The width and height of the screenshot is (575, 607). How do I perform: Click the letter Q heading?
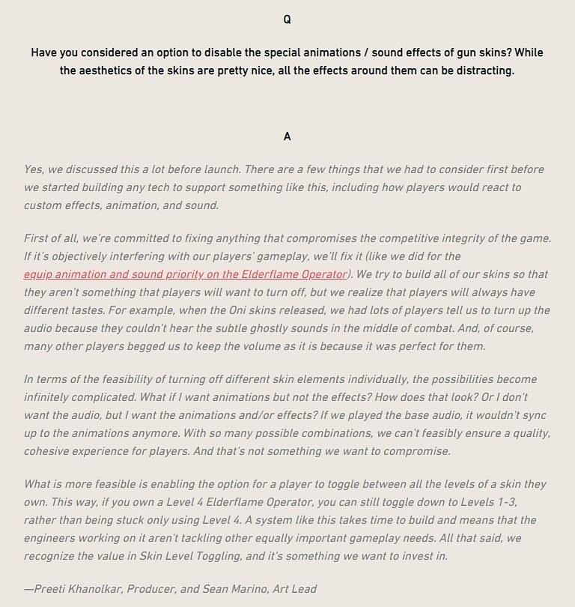click(287, 20)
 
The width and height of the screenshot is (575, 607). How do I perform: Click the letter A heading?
click(287, 136)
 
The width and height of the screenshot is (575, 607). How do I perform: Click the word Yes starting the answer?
click(34, 169)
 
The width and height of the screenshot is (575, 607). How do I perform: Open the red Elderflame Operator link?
click(185, 274)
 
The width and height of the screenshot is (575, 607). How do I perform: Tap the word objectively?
click(73, 256)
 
